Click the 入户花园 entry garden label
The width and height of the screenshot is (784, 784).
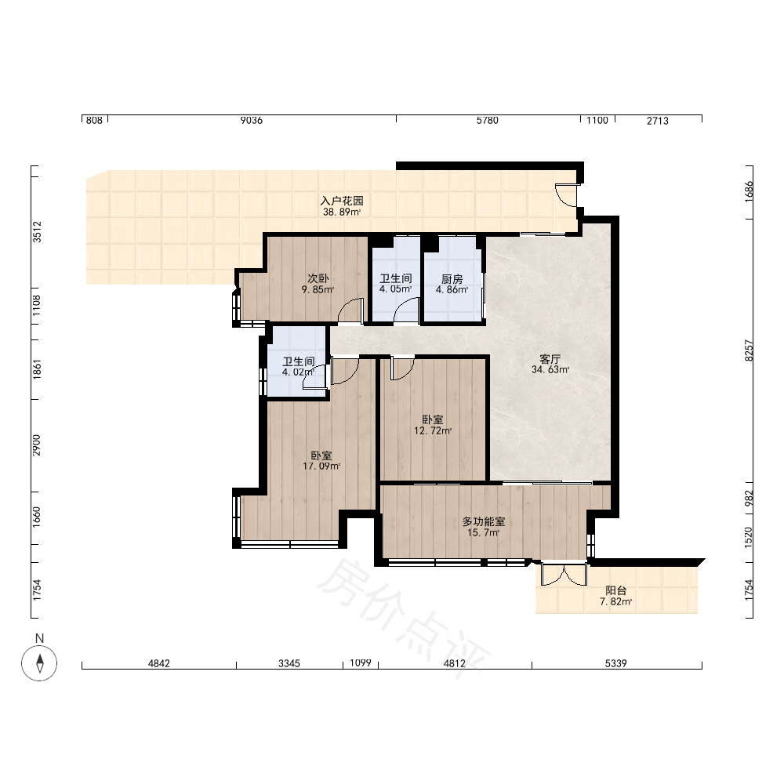[x=342, y=201]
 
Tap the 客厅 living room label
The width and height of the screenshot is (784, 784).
[x=550, y=359]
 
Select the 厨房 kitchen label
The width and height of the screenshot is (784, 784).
[x=452, y=279]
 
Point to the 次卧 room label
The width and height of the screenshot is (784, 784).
[x=318, y=278]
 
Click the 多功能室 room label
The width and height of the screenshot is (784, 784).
[x=484, y=521]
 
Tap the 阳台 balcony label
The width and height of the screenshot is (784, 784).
[x=616, y=590]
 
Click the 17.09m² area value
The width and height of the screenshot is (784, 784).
[x=321, y=466]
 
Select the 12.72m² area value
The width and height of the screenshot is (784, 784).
[x=433, y=430]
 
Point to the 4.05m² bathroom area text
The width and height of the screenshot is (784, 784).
[x=395, y=289]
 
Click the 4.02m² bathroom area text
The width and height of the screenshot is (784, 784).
[x=298, y=372]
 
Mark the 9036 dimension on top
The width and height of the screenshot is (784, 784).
[x=252, y=120]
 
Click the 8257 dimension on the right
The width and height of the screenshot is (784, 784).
[x=749, y=350]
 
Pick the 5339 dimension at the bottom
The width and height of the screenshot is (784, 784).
[x=616, y=663]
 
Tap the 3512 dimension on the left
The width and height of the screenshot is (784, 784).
[x=37, y=232]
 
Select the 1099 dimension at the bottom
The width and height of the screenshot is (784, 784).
[x=361, y=662]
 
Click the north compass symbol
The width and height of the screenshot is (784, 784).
[x=39, y=663]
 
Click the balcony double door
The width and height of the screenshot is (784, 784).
[x=564, y=574]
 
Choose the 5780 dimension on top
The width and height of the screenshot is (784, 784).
[x=488, y=120]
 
